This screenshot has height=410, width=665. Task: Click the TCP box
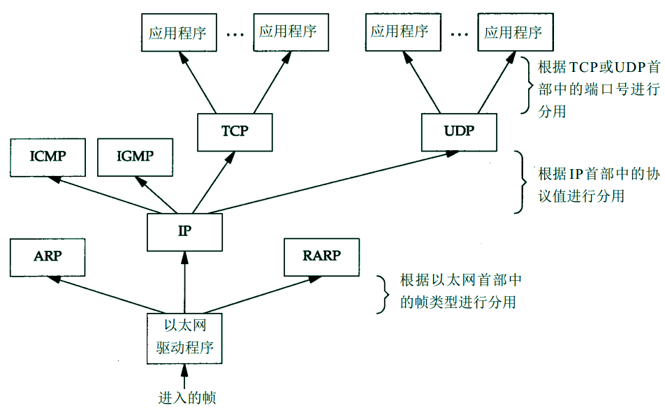pos(235,131)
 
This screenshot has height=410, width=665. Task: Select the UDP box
pos(460,131)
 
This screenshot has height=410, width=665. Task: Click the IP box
pos(184,232)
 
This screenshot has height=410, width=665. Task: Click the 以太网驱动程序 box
pos(184,337)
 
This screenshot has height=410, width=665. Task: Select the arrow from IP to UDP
pos(328,183)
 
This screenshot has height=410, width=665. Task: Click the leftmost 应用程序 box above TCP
pos(177,33)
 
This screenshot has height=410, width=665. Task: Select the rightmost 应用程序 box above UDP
pos(513,32)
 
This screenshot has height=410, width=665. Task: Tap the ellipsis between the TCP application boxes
pos(235,35)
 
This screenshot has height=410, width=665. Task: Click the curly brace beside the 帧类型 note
pos(382,293)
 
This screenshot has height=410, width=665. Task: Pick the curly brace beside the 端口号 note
pos(525,85)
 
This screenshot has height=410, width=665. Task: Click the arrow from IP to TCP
pos(210,183)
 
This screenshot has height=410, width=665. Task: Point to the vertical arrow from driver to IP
pos(184,283)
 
